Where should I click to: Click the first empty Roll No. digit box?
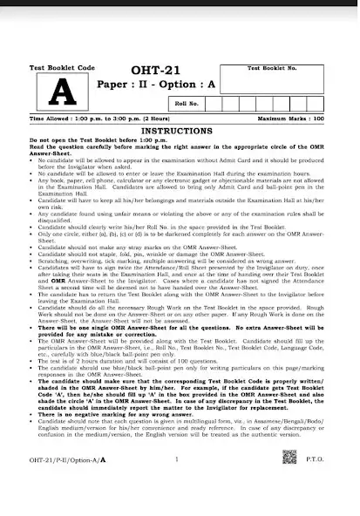220,104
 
